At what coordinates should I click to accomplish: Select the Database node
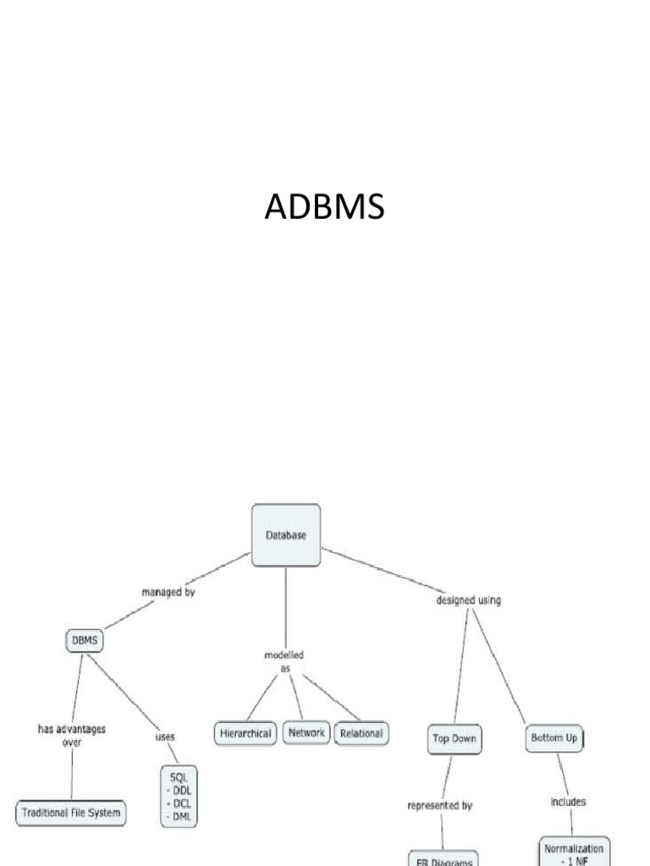coord(286,535)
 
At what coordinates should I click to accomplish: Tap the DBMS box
coord(84,641)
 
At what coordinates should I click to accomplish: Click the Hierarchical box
coord(245,733)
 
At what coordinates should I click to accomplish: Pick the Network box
coord(306,732)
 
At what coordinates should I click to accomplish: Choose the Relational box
coord(361,733)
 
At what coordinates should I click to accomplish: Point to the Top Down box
coord(454,738)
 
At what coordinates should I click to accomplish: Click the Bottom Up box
coord(554,737)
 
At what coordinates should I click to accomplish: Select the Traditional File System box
coord(71,814)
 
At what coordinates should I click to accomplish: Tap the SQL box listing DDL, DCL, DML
coord(183,796)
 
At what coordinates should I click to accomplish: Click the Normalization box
coord(574,851)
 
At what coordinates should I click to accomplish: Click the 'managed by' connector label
coord(168,593)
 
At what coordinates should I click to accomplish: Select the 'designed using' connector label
coord(468,600)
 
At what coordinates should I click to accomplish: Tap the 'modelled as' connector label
coord(284,661)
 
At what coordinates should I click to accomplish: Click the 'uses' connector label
coord(164,737)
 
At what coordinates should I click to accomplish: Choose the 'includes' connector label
coord(569,802)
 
